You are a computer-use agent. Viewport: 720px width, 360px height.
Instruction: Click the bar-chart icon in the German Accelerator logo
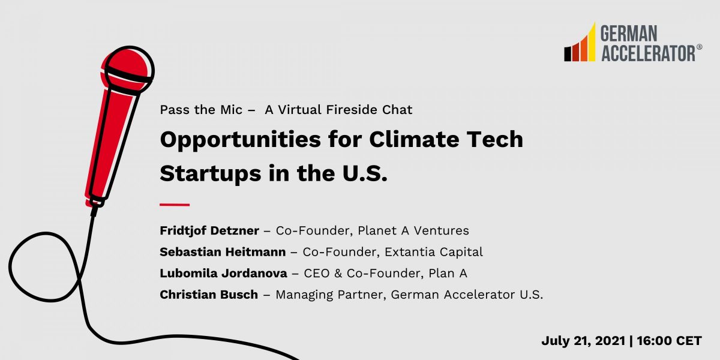coord(580,44)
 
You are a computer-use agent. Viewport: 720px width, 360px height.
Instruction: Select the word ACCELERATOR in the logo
coord(647,53)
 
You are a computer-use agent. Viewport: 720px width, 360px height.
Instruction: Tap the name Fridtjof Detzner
coord(209,230)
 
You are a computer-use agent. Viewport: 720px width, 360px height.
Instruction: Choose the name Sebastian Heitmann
coord(223,252)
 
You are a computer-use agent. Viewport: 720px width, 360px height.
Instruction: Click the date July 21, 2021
coord(580,341)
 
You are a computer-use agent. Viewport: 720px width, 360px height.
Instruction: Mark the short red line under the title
coord(175,205)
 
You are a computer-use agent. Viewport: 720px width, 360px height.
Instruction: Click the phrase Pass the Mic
coord(201,110)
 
